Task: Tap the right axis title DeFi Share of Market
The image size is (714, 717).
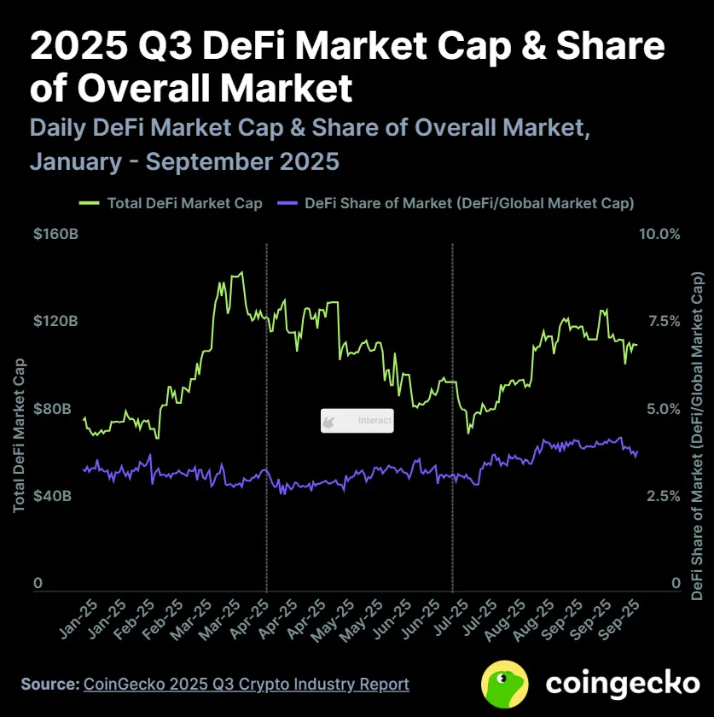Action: pyautogui.click(x=697, y=435)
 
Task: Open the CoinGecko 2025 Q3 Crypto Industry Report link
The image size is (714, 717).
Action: pyautogui.click(x=246, y=684)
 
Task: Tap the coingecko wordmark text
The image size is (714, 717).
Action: pyautogui.click(x=622, y=683)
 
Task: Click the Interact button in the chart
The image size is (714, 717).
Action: pyautogui.click(x=357, y=421)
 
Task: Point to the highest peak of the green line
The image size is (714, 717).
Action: pyautogui.click(x=241, y=273)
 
